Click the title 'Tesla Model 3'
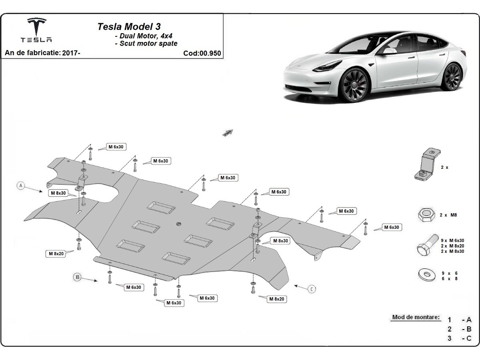pos(129,26)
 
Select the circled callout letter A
pos(21,185)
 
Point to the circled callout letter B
pos(78,277)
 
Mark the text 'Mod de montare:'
pos(416,317)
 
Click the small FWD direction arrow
pos(228,132)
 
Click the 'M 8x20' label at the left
pos(56,253)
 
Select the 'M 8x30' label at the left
pos(58,193)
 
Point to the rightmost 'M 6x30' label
pos(391,227)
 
